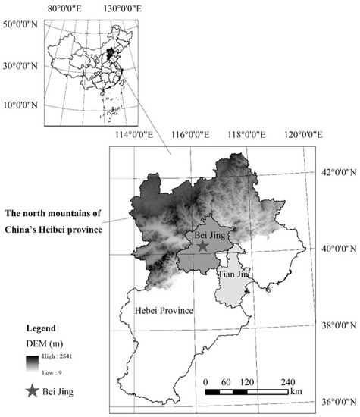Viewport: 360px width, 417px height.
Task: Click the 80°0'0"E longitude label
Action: tap(70, 8)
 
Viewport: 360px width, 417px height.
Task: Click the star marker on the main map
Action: tap(202, 246)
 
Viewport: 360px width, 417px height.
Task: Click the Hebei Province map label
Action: tap(164, 311)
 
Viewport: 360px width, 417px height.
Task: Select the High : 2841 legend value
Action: tap(58, 355)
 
